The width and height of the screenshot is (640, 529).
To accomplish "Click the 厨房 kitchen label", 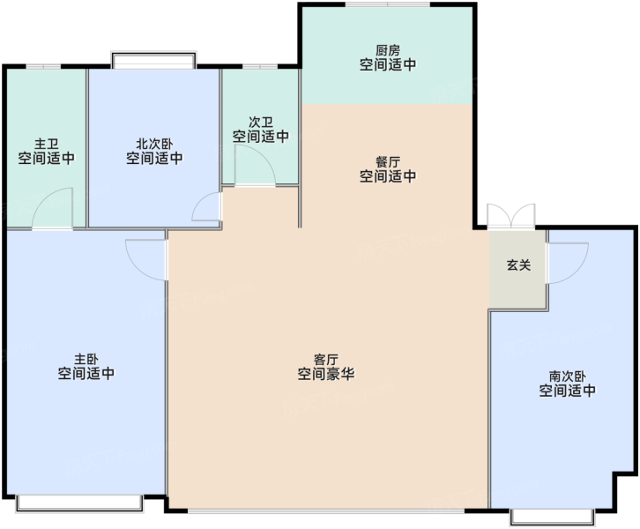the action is (388, 50).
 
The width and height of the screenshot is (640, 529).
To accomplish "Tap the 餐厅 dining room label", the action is (388, 162).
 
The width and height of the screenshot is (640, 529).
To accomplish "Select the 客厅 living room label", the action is (325, 360).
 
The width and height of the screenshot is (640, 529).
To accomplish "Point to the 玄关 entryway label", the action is (518, 265).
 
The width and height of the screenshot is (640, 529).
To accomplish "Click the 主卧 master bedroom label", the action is (86, 359).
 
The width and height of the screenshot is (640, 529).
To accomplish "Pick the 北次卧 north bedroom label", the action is (154, 144).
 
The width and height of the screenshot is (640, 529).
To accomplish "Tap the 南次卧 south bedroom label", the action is (568, 376).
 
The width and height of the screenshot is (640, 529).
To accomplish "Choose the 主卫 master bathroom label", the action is (46, 144).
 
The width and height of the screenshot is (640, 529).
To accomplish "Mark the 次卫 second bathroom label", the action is (261, 122).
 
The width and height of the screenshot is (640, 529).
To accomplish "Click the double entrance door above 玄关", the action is (511, 216).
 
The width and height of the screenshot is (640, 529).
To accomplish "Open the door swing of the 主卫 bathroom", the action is (53, 208).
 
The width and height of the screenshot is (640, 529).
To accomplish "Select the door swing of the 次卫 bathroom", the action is (255, 166).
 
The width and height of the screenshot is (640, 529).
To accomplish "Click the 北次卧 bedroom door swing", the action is (207, 206).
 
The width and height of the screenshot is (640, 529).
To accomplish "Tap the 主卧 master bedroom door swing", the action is (146, 260).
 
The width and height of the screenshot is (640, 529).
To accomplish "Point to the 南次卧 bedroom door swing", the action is (568, 264).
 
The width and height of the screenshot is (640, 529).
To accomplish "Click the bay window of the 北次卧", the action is (154, 60).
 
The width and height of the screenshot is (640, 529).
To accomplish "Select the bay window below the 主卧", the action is (79, 503).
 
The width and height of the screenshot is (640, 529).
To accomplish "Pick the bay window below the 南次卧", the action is (552, 517).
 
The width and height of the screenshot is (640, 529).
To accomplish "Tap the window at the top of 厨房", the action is (388, 4).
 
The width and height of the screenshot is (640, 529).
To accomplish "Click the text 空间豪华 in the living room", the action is (325, 374).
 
